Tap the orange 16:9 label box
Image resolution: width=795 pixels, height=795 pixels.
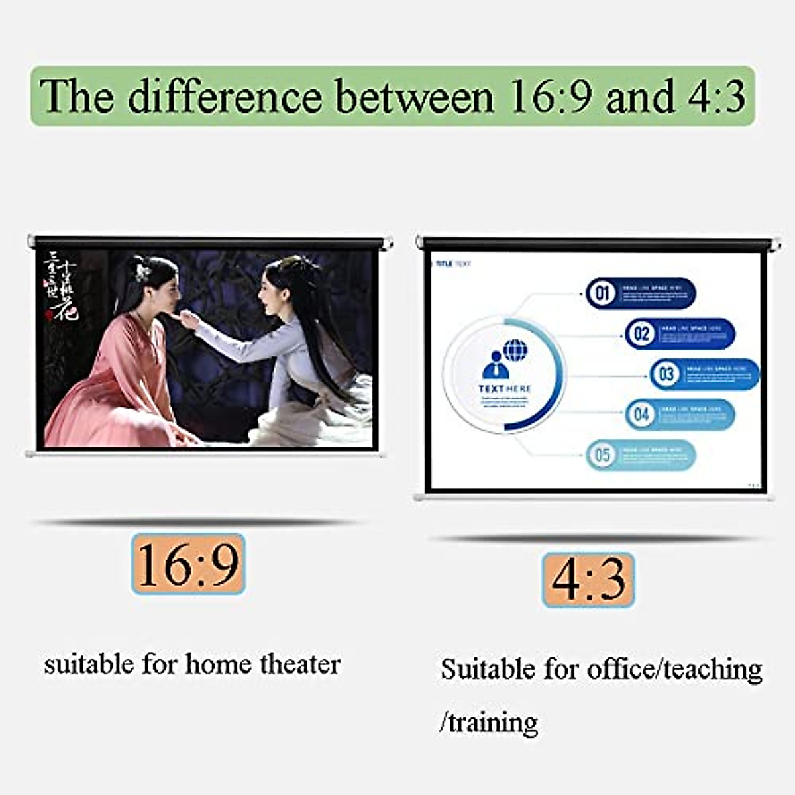click(x=188, y=564)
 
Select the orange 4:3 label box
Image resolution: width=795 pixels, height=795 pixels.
click(x=588, y=580)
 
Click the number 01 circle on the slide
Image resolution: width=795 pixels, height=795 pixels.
click(x=602, y=293)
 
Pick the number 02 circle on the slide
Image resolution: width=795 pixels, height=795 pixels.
click(x=641, y=333)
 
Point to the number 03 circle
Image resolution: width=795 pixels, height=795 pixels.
click(x=666, y=374)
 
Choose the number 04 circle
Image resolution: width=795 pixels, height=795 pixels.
click(x=641, y=415)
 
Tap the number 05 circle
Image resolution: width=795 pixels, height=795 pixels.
click(x=602, y=455)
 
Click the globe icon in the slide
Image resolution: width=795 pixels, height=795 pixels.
click(x=515, y=350)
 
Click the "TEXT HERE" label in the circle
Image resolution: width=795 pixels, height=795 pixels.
click(x=505, y=389)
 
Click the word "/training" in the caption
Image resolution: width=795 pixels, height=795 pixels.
click(x=488, y=721)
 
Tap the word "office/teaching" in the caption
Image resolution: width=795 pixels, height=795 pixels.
click(x=674, y=669)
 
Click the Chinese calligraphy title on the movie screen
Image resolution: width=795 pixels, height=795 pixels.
click(x=61, y=285)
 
